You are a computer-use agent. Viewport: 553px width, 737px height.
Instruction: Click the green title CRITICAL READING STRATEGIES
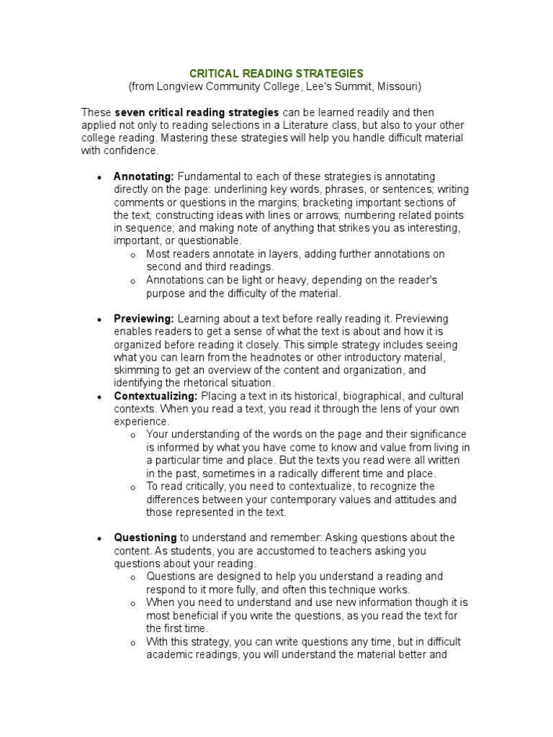(x=276, y=73)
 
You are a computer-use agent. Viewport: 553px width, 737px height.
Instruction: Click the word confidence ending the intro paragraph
(x=130, y=151)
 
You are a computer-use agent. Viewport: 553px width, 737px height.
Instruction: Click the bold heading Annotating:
(x=144, y=177)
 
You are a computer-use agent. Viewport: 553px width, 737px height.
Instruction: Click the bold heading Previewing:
(x=144, y=319)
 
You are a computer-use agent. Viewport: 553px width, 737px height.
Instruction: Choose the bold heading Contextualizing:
(x=156, y=397)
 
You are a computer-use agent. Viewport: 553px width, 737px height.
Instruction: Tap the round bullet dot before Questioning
(x=98, y=538)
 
